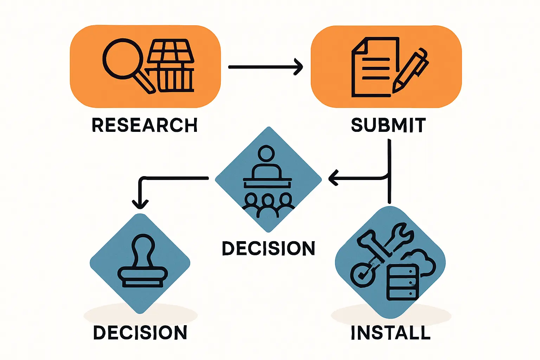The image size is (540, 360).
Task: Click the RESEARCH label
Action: (144, 126)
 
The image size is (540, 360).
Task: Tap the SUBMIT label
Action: (388, 126)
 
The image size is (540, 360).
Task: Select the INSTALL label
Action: (391, 333)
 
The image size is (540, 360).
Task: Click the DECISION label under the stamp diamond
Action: (140, 333)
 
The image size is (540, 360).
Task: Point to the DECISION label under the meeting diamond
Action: (268, 248)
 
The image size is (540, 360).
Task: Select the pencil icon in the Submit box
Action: (411, 70)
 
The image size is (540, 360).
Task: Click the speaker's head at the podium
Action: (266, 154)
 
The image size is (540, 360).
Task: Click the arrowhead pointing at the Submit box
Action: (299, 67)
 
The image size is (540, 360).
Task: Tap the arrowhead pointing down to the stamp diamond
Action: (140, 204)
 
